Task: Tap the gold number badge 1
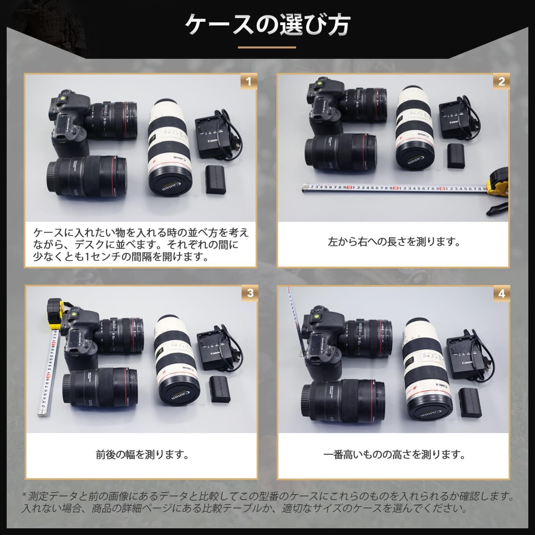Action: [248, 81]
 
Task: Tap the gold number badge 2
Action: [501, 81]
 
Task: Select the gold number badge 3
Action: [250, 293]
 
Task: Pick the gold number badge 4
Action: [502, 294]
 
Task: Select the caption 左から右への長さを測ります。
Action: [394, 241]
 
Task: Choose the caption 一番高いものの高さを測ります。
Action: [394, 455]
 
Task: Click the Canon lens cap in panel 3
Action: [179, 396]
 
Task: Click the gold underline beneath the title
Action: [267, 47]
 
